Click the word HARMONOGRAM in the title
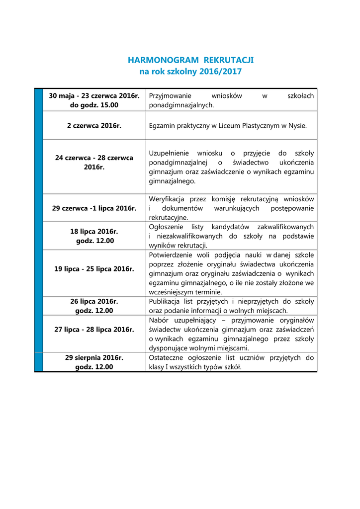(x=157, y=60)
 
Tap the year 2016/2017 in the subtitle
(x=220, y=72)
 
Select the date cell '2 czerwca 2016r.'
(x=94, y=126)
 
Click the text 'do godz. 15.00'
(x=94, y=105)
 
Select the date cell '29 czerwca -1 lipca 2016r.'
(x=94, y=208)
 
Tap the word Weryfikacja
(x=166, y=199)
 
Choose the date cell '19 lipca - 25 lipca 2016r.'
(x=94, y=269)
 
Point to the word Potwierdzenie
(x=170, y=255)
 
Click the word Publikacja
(x=165, y=301)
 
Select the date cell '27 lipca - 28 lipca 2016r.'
(x=94, y=330)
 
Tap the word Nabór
(x=158, y=320)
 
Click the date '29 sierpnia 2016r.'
(x=94, y=357)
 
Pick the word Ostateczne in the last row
(x=166, y=357)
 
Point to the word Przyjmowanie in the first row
(x=170, y=95)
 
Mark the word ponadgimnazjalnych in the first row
(x=181, y=105)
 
